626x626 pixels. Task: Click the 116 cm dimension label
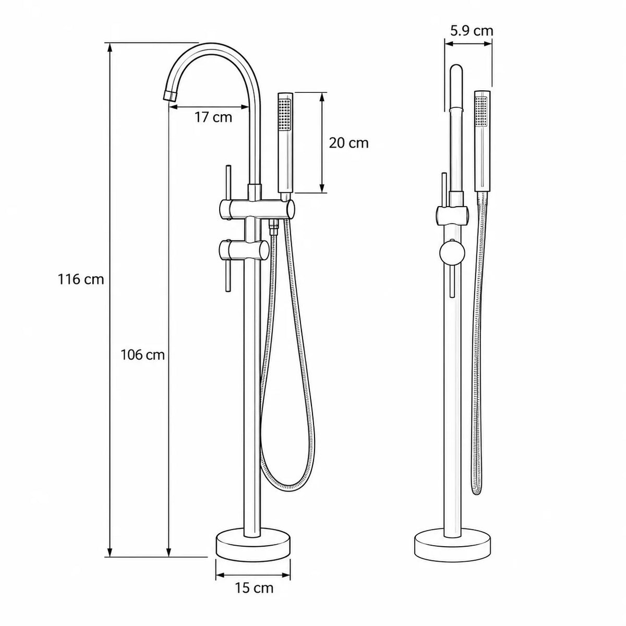(81, 279)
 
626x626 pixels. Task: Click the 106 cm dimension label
(142, 355)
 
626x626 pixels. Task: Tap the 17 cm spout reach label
(213, 117)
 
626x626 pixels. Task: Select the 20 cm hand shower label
(349, 143)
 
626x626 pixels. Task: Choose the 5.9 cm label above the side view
(472, 31)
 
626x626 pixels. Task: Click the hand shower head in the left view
(286, 142)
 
